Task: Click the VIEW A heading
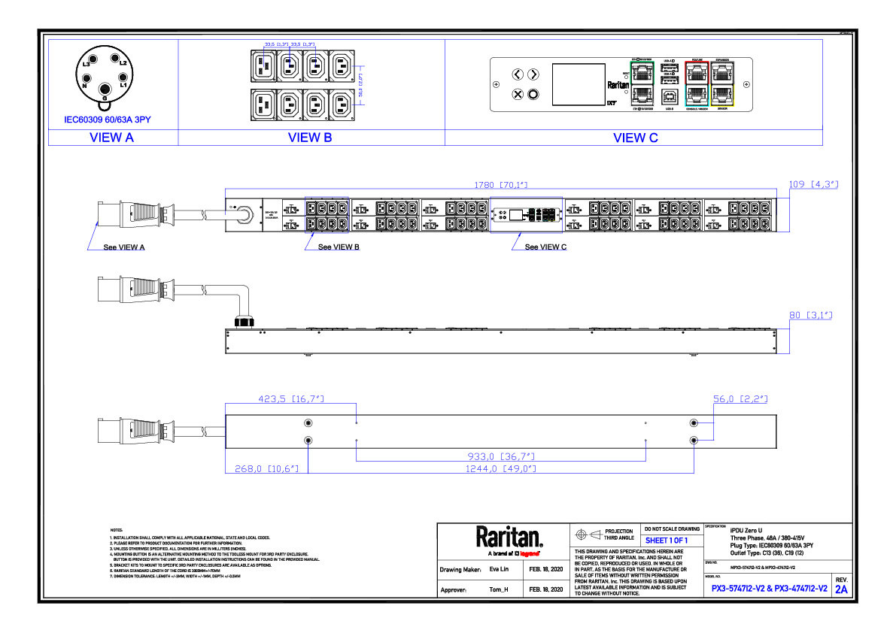click(111, 138)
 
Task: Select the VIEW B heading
click(310, 138)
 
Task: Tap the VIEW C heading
click(635, 138)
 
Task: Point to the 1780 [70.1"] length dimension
click(500, 183)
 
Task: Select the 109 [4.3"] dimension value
click(812, 183)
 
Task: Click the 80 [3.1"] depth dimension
click(811, 315)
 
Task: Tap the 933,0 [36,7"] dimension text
click(501, 456)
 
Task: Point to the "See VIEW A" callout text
click(124, 247)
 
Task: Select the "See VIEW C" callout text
click(545, 247)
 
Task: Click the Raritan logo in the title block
click(509, 538)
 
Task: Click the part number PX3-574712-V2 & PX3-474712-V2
click(769, 589)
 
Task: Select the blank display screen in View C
click(579, 84)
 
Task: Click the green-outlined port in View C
click(642, 72)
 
